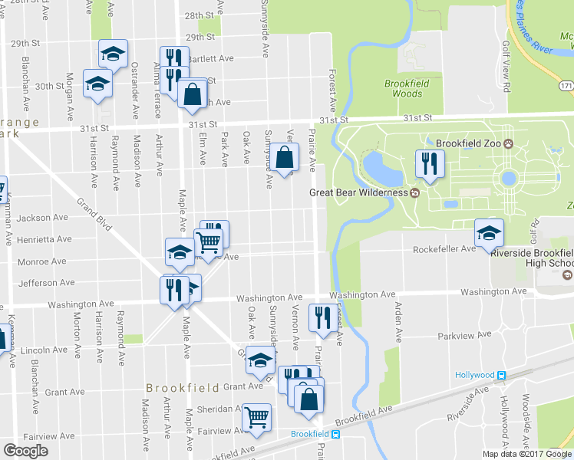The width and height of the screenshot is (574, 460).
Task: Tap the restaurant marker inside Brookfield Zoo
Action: [x=428, y=163]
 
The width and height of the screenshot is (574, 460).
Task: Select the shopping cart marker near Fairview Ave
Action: [x=256, y=418]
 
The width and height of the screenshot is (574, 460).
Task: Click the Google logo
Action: [x=25, y=450]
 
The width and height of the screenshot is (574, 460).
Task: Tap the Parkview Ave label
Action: [x=463, y=336]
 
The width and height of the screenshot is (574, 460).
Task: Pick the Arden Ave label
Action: [x=398, y=322]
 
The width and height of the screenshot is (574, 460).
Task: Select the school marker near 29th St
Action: [x=113, y=54]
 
